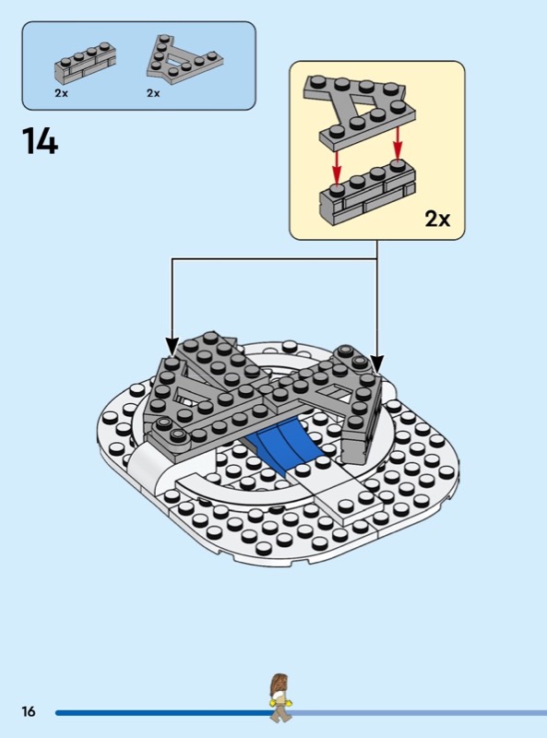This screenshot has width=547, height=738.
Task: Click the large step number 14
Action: (40, 141)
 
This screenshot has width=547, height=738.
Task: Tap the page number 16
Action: (29, 710)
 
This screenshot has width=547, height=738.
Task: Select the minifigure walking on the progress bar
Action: (280, 697)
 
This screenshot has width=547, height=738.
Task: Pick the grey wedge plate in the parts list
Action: (184, 59)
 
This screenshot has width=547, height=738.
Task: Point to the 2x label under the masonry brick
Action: (61, 93)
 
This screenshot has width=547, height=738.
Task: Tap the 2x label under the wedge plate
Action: (153, 93)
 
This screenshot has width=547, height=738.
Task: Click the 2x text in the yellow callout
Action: (437, 219)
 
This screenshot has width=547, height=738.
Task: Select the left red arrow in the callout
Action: (336, 168)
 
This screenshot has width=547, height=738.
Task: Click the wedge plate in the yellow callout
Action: (360, 111)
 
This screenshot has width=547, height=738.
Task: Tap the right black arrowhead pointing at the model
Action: (376, 363)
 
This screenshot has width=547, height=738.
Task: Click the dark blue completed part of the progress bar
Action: (163, 712)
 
